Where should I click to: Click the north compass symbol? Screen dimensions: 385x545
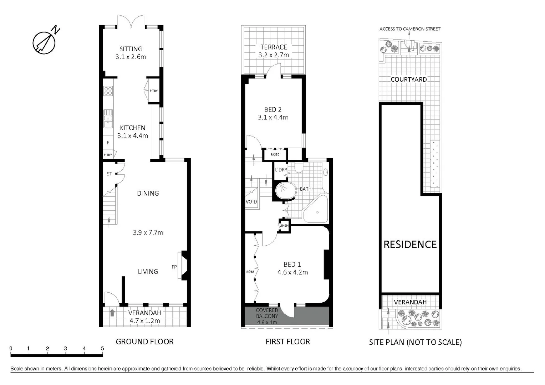pos(44,42)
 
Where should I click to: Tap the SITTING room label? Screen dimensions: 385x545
pos(131,49)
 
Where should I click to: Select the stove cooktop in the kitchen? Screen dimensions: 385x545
pos(108,91)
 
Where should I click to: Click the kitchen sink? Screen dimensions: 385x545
pos(108,118)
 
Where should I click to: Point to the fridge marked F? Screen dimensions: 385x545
pos(108,143)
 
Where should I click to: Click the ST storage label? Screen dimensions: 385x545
pos(109,174)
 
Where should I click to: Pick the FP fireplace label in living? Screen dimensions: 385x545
pos(174,267)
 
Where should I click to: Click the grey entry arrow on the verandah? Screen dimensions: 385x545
pos(112,313)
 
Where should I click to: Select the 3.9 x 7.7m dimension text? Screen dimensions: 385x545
pos(148,232)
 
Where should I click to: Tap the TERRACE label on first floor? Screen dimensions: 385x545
pos(274,47)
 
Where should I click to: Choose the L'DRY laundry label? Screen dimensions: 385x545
pos(281,170)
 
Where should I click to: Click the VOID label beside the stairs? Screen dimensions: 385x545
pos(251,202)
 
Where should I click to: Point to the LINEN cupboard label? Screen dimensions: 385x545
pos(284,226)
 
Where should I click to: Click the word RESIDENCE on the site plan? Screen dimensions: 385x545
pos(410,245)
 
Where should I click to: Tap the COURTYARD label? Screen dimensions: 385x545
pos(408,79)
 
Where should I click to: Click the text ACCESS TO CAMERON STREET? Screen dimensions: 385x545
pos(410,29)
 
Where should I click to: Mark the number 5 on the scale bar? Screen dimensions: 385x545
pos(102,349)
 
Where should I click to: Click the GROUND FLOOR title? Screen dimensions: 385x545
pos(144,342)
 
